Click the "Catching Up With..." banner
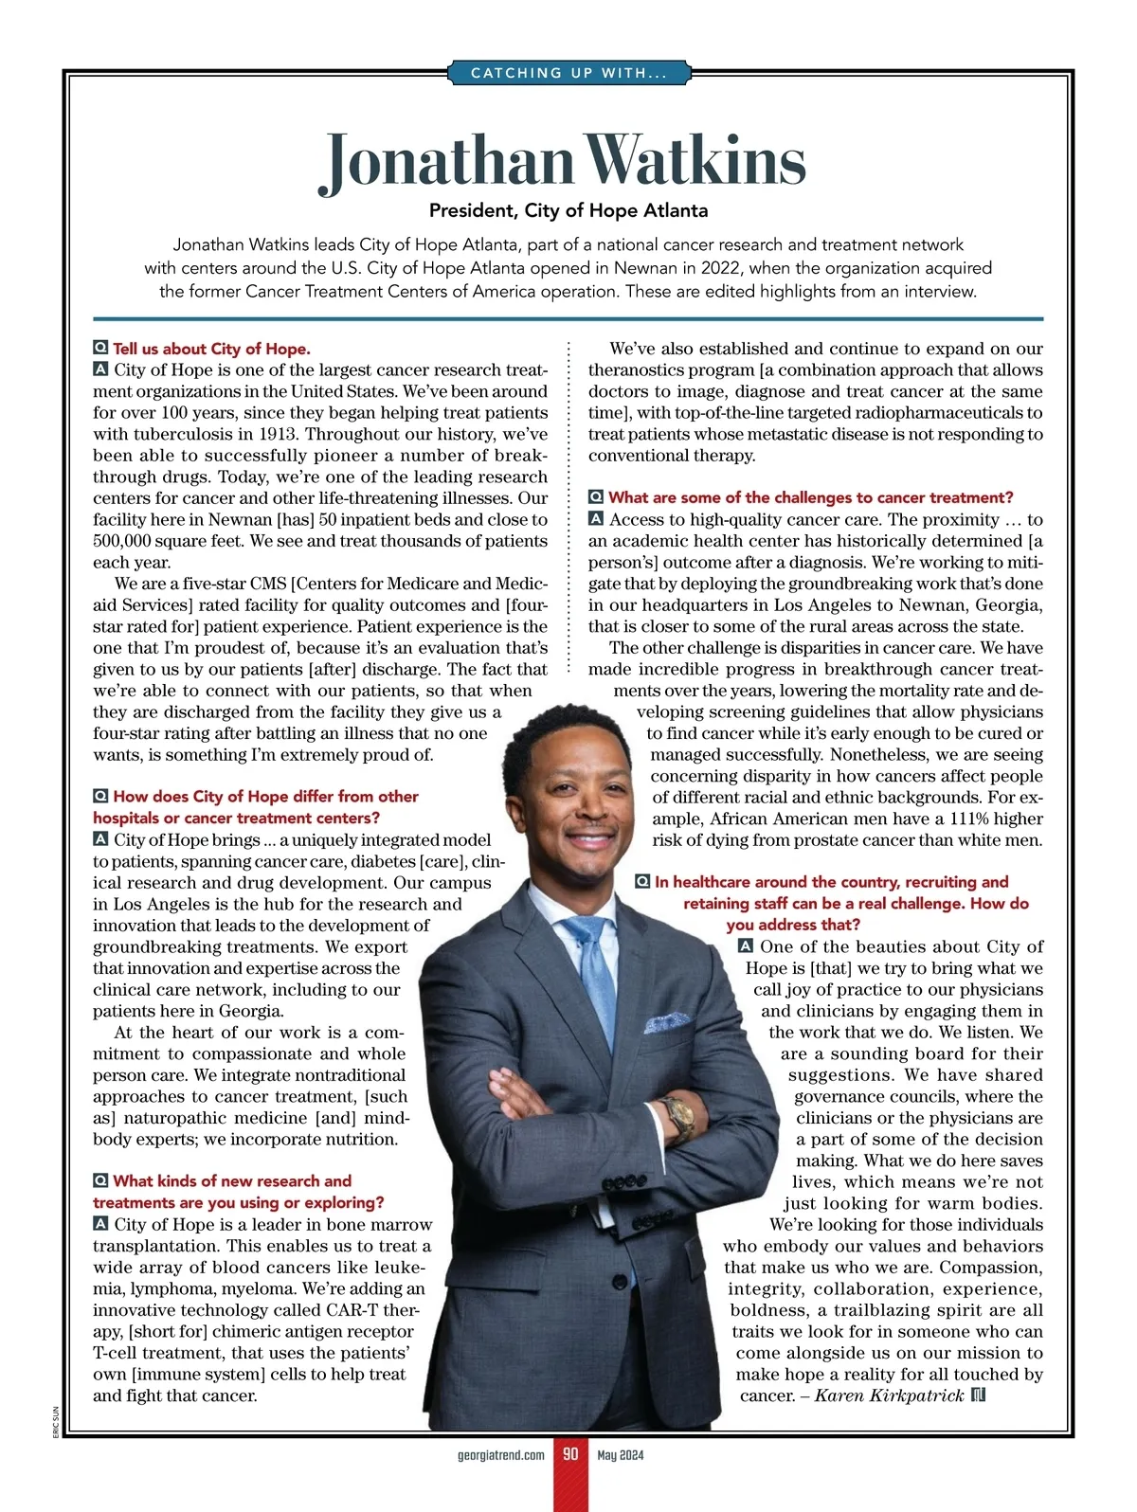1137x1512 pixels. click(568, 73)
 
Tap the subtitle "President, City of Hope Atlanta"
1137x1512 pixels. click(568, 210)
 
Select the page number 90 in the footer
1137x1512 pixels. click(570, 1454)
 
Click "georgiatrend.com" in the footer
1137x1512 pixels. click(500, 1455)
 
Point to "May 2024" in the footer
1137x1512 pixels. click(620, 1455)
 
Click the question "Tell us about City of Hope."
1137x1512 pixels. click(211, 349)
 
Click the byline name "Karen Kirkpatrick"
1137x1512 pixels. click(889, 1395)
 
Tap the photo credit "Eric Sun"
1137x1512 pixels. click(57, 1421)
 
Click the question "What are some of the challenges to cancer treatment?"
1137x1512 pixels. click(810, 497)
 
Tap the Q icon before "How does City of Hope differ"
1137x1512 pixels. click(100, 797)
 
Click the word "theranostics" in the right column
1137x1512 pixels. click(636, 370)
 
